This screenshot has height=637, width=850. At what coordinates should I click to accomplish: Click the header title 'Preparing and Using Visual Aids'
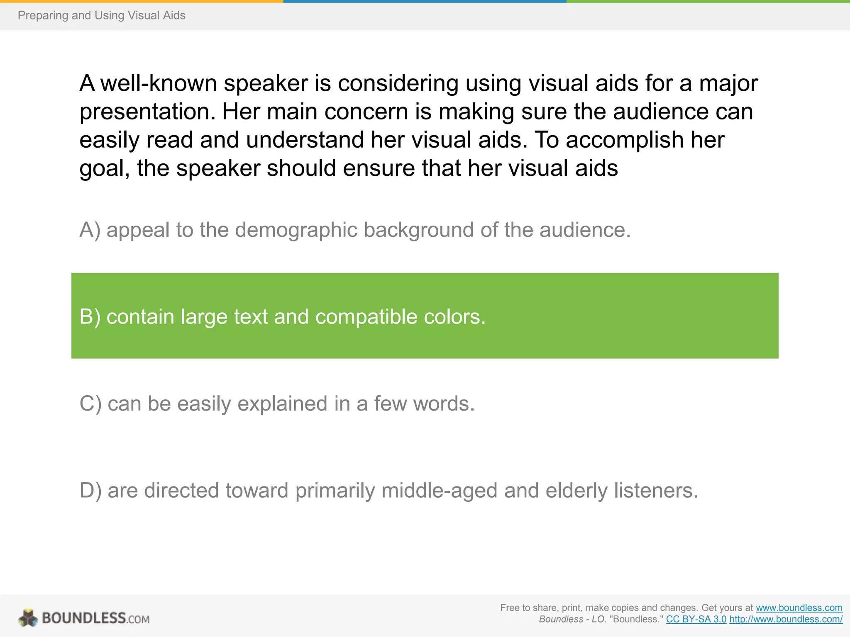pyautogui.click(x=101, y=15)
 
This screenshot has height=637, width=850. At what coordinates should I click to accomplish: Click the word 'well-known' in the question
pyautogui.click(x=159, y=83)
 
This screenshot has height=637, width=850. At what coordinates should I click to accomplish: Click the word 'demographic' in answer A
pyautogui.click(x=296, y=231)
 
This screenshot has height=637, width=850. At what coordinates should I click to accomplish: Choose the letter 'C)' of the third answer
pyautogui.click(x=90, y=404)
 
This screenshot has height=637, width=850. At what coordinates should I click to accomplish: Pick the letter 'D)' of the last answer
pyautogui.click(x=90, y=491)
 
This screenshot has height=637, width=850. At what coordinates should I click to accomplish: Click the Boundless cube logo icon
pyautogui.click(x=28, y=618)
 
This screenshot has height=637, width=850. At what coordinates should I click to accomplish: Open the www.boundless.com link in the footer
pyautogui.click(x=799, y=608)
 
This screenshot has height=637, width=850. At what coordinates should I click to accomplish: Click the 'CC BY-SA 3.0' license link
pyautogui.click(x=696, y=619)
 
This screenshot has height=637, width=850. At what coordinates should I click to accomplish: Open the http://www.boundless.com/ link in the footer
pyautogui.click(x=786, y=619)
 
